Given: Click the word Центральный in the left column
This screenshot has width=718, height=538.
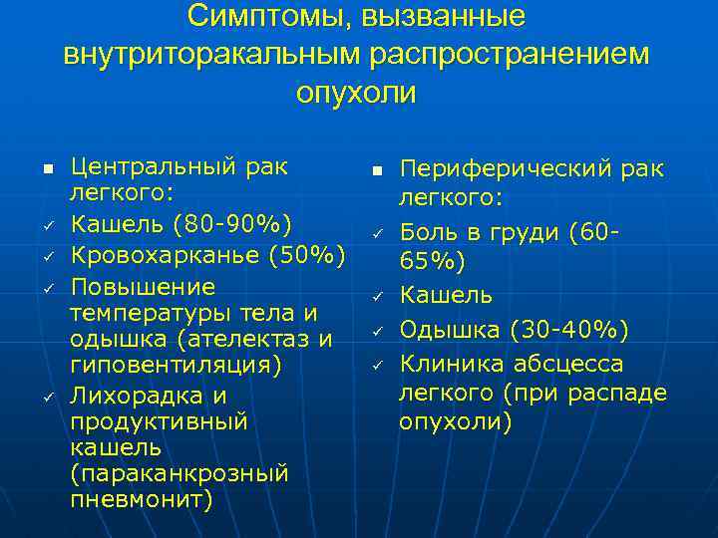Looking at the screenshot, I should [150, 163].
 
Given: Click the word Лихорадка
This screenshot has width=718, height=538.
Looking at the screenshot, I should [129, 396].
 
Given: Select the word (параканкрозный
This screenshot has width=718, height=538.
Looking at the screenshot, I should [179, 473].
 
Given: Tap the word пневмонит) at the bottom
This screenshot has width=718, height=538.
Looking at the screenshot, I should [141, 499].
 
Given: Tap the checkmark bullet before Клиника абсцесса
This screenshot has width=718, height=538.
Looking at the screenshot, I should [378, 365].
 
